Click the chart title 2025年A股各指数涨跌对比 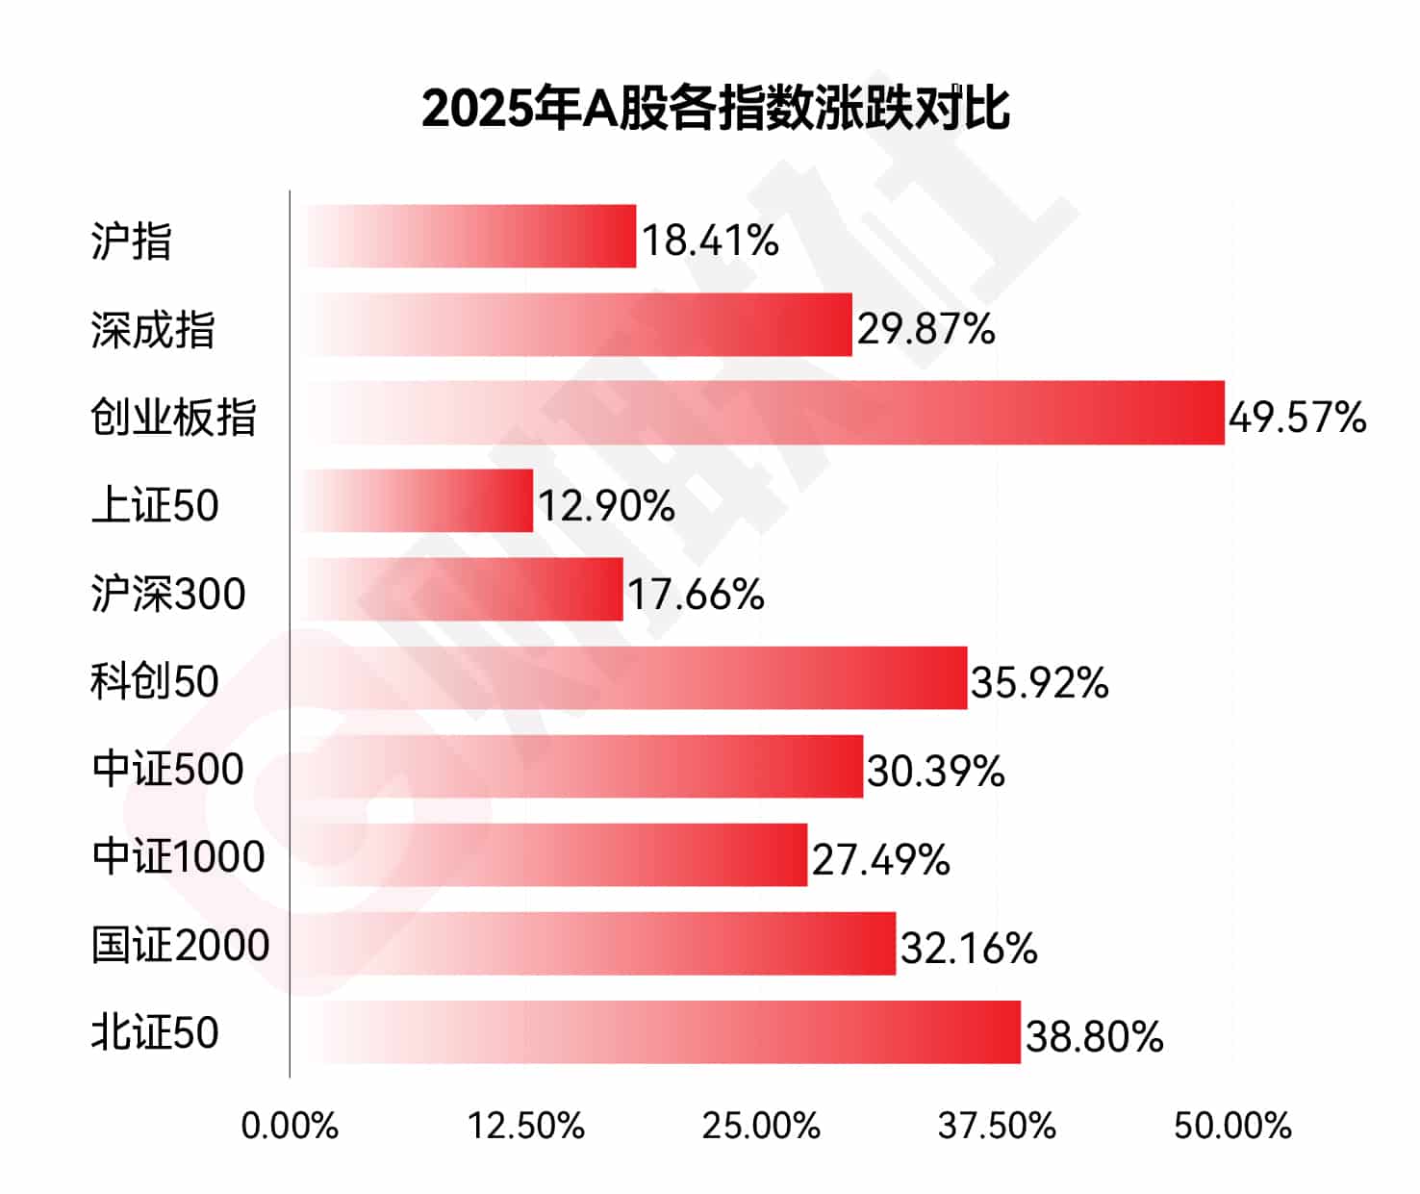pyautogui.click(x=715, y=108)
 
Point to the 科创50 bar pyautogui.click(x=629, y=678)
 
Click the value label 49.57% pyautogui.click(x=1297, y=418)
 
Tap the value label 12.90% pyautogui.click(x=606, y=506)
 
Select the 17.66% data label pyautogui.click(x=696, y=595)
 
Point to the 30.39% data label pyautogui.click(x=935, y=772)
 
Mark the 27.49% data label pyautogui.click(x=880, y=860)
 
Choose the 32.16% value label pyautogui.click(x=969, y=949)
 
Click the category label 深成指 pyautogui.click(x=153, y=330)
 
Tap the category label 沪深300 pyautogui.click(x=168, y=594)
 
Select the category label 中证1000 pyautogui.click(x=178, y=856)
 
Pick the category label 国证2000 pyautogui.click(x=180, y=945)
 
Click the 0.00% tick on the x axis pyautogui.click(x=290, y=1126)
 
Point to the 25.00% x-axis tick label pyautogui.click(x=761, y=1126)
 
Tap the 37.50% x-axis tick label pyautogui.click(x=997, y=1126)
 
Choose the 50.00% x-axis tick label pyautogui.click(x=1232, y=1126)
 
